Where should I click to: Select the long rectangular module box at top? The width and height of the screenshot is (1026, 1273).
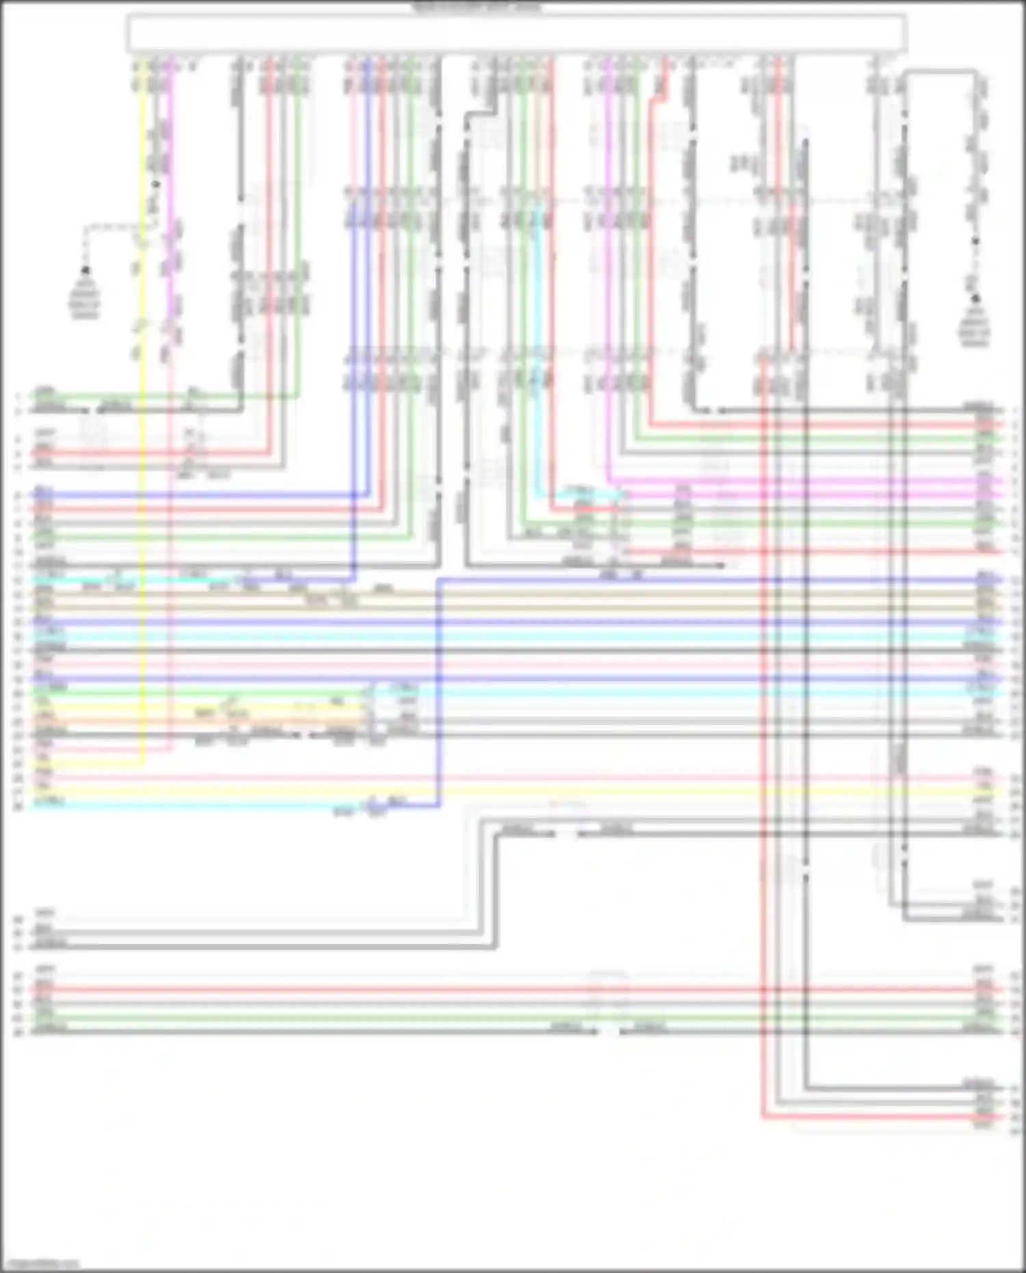tap(516, 33)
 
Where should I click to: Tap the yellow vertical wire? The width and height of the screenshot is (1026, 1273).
tap(142, 479)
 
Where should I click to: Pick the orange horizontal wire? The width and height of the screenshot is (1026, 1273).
tap(205, 721)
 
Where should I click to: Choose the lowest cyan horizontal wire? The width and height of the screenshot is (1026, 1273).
tap(205, 806)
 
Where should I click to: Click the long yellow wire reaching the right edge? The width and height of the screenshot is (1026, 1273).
tap(547, 792)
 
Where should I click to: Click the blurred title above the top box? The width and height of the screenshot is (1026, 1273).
tap(477, 8)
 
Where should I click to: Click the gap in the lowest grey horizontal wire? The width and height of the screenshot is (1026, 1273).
tap(609, 1032)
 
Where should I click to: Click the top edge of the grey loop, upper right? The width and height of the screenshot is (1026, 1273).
tap(940, 70)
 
